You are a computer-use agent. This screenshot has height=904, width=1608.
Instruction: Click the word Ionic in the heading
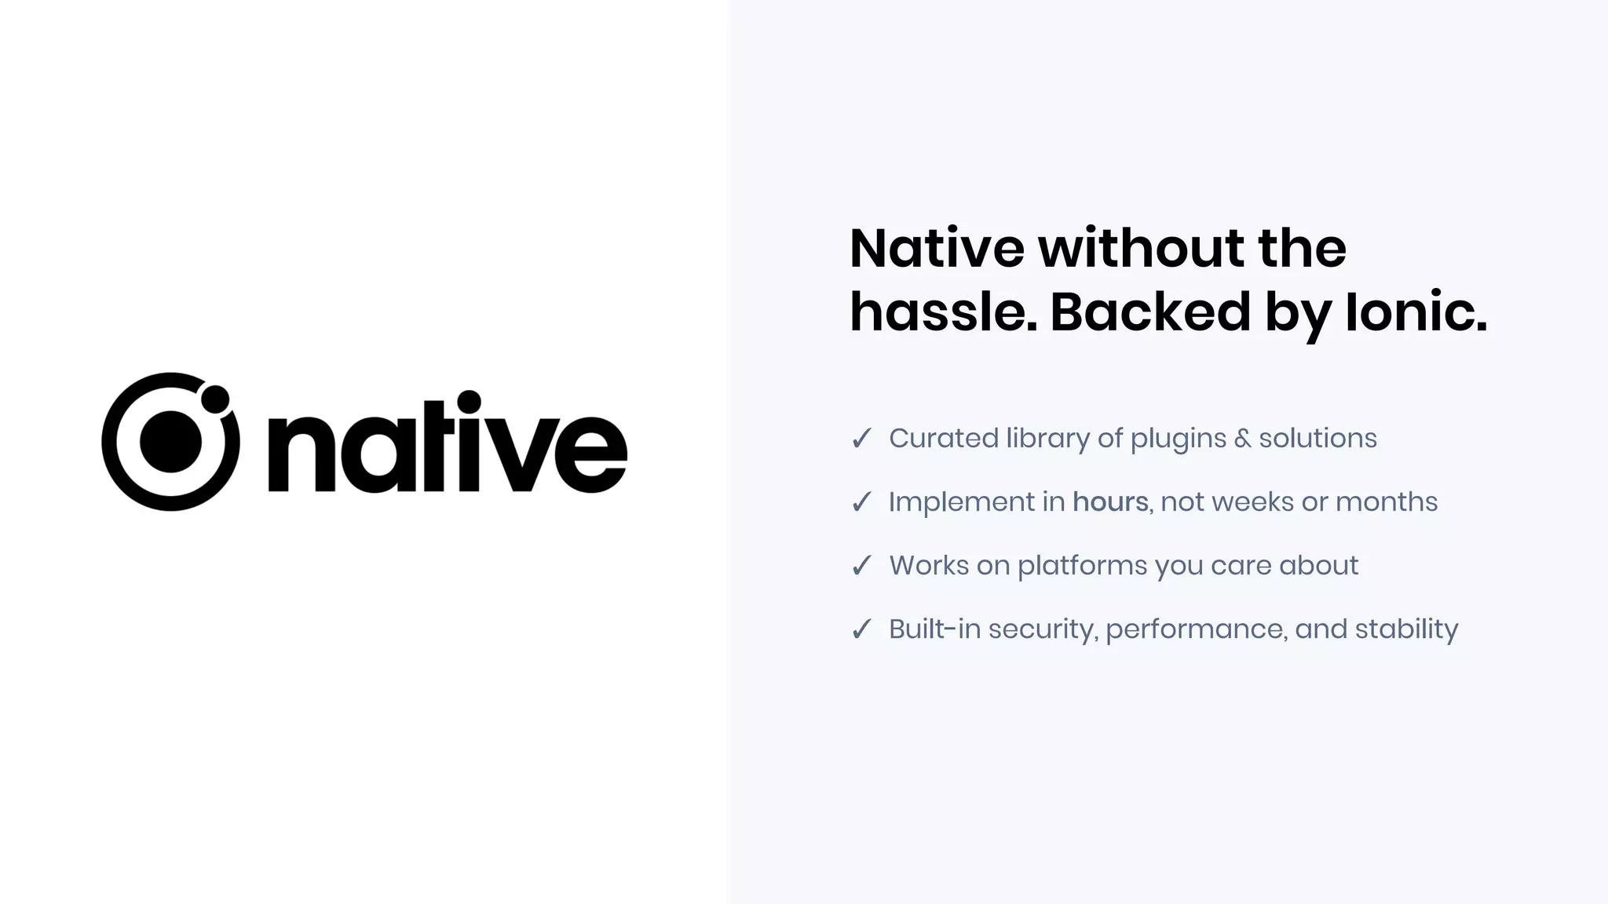tap(1416, 312)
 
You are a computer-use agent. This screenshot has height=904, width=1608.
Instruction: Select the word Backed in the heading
tap(1149, 312)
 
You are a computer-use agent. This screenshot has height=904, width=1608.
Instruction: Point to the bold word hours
tap(1110, 502)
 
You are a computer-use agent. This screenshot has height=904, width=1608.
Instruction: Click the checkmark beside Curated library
tap(861, 439)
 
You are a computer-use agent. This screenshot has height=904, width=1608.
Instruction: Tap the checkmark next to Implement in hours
tap(861, 502)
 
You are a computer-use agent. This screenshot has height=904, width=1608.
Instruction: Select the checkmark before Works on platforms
tap(861, 566)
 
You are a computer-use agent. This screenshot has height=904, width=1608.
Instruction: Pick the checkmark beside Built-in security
tap(861, 629)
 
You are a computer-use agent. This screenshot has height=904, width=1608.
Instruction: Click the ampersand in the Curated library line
tap(1242, 439)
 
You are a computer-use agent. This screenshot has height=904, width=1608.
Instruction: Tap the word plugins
tap(1178, 439)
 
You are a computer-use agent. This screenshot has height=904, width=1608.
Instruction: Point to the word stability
tap(1406, 629)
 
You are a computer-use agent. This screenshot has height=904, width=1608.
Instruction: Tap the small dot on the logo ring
tap(214, 399)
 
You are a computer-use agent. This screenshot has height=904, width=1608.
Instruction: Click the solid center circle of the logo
tap(170, 442)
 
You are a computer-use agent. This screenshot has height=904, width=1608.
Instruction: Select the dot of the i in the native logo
tap(469, 402)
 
